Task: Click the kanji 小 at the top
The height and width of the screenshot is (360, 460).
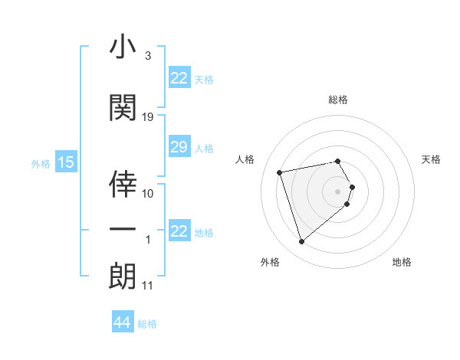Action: (x=123, y=47)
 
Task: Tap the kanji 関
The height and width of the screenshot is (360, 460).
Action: (x=123, y=108)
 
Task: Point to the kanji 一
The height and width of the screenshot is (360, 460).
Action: (x=123, y=229)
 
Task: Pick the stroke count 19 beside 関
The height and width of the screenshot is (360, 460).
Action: (x=148, y=117)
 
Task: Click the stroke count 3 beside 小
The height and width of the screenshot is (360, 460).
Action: (x=147, y=56)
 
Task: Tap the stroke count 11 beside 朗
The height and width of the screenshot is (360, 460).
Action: (x=147, y=286)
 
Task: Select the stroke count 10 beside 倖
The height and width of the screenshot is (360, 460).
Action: (x=148, y=194)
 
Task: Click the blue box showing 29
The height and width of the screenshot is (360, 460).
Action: (x=179, y=148)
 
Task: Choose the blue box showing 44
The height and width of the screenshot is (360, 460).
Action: (x=122, y=323)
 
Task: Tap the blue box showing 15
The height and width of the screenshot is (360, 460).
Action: (x=65, y=162)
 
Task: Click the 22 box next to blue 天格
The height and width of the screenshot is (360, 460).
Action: (x=179, y=78)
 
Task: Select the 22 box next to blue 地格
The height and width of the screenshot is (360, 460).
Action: (x=179, y=232)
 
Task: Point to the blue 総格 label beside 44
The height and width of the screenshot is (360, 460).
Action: (x=148, y=324)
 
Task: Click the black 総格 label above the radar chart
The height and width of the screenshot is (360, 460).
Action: (x=338, y=100)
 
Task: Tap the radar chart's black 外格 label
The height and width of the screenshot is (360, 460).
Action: (x=270, y=262)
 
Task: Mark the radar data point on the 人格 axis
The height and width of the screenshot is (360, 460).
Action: (x=280, y=172)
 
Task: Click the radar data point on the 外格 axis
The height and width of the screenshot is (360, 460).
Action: (x=302, y=242)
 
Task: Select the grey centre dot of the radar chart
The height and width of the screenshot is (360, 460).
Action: (x=338, y=191)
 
